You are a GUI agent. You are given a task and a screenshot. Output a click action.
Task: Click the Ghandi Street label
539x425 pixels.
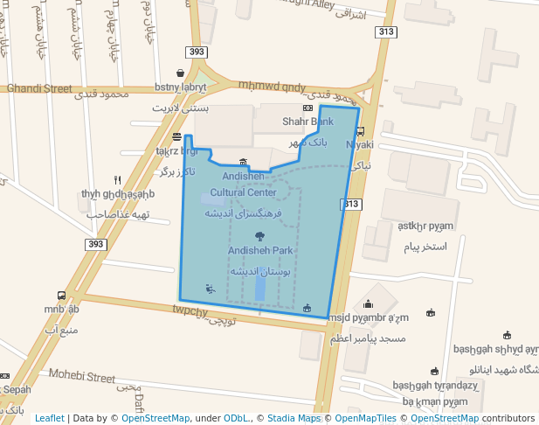pyautogui.click(x=39, y=88)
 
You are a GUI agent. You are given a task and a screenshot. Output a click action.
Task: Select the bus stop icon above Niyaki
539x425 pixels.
pyautogui.click(x=360, y=131)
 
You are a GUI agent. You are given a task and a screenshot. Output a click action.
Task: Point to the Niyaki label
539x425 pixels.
pyautogui.click(x=360, y=144)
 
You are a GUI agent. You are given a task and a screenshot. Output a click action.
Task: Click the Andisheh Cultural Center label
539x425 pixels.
pyautogui.click(x=243, y=185)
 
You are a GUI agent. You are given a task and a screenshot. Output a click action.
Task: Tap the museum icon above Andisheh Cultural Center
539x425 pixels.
pyautogui.click(x=243, y=162)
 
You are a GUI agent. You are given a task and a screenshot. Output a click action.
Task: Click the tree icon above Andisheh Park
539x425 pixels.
pyautogui.click(x=259, y=236)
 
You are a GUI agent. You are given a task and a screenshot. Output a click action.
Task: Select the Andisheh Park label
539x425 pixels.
pyautogui.click(x=259, y=250)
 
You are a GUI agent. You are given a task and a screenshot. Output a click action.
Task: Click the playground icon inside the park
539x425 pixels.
pyautogui.click(x=208, y=289)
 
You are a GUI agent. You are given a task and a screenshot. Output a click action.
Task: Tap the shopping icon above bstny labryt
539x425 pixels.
pyautogui.click(x=180, y=73)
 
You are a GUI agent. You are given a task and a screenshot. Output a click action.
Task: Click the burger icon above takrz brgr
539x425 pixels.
pyautogui.click(x=177, y=136)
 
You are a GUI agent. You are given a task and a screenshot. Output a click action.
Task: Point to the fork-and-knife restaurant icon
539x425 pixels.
pyautogui.click(x=117, y=180)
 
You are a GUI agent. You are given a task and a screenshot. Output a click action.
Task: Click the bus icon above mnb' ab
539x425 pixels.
pyautogui.click(x=61, y=296)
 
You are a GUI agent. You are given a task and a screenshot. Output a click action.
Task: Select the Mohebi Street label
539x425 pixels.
pyautogui.click(x=82, y=378)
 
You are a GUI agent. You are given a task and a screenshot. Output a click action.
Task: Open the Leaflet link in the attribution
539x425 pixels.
pyautogui.click(x=49, y=418)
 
